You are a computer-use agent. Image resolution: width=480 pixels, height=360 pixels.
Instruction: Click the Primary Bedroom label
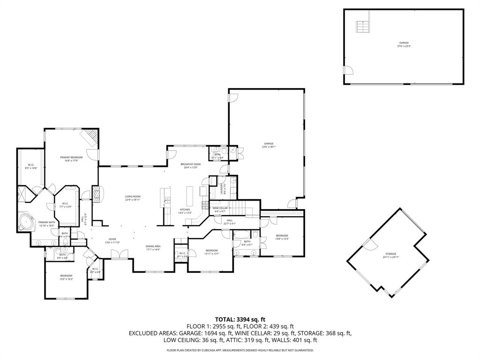(x=71, y=158)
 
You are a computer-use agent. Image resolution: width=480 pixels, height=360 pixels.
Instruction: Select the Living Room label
(x=133, y=198)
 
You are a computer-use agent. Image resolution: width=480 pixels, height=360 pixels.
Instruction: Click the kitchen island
(x=190, y=195)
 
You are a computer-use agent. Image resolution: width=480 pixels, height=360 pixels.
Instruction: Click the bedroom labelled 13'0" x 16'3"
(x=66, y=277)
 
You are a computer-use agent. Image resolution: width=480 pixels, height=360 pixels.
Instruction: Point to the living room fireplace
(x=96, y=195)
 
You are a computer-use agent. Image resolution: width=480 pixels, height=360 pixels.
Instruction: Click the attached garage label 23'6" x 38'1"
(x=269, y=145)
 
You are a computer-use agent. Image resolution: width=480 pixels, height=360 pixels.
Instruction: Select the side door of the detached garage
(x=347, y=70)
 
